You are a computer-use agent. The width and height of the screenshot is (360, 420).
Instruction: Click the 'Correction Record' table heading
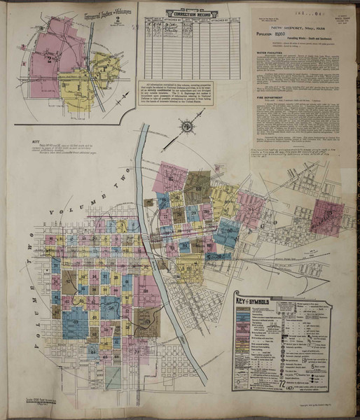click(187, 13)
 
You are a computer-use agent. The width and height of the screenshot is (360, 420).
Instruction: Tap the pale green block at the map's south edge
click(112, 377)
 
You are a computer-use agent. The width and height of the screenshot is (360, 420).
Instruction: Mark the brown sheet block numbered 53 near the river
click(146, 318)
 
